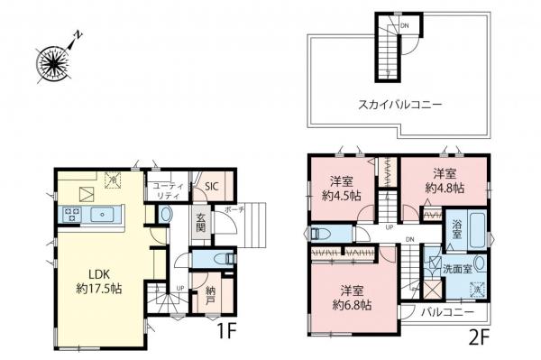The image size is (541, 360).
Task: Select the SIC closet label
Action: tap(211, 186)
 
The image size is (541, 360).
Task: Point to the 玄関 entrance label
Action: tap(204, 226)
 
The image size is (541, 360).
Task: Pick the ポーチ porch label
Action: tap(234, 209)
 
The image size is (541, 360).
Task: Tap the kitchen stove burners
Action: tap(71, 216)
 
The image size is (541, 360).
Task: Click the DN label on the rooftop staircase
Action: tap(404, 25)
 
